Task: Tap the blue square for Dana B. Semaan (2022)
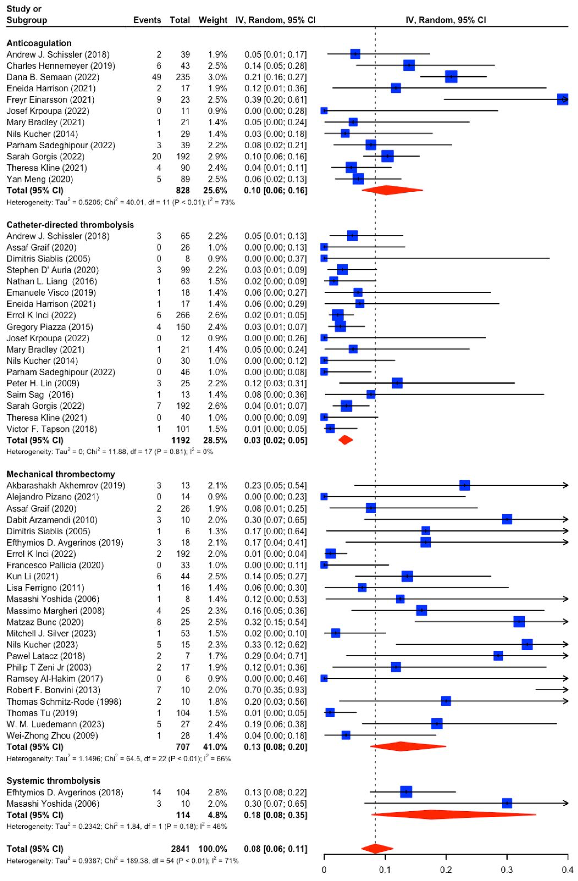[x=451, y=77]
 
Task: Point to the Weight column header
[x=213, y=20]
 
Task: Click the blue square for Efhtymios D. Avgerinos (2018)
[x=406, y=792]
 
